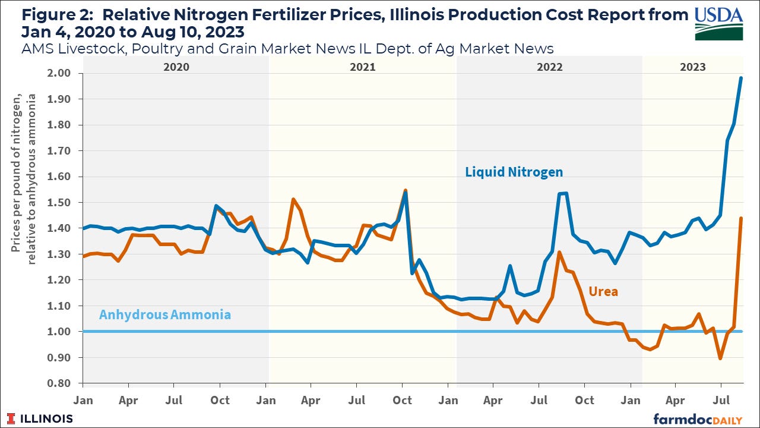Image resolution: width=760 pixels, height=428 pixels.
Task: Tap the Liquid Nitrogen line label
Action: point(514,172)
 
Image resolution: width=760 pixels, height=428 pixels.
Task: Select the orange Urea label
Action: point(603,291)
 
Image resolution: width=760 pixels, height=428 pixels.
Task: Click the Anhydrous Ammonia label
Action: point(164,315)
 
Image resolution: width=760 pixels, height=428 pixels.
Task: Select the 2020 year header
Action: point(176,67)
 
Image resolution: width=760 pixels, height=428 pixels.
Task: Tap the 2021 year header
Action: point(362,67)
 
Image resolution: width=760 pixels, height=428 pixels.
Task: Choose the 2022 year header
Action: point(549,67)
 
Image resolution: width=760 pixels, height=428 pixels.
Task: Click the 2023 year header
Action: point(692,67)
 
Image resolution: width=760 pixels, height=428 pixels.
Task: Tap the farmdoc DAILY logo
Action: point(701,418)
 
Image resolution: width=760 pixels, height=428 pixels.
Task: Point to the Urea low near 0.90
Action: point(720,358)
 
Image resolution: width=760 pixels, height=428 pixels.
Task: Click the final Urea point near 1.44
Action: point(741,218)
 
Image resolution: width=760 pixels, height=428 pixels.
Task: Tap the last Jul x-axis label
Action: point(721,401)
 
